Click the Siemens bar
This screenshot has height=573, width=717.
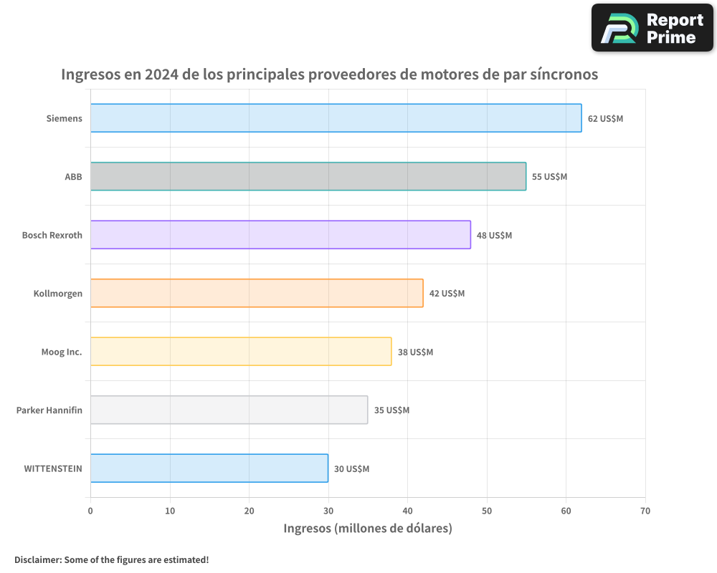(x=336, y=118)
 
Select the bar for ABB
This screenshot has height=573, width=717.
(x=308, y=176)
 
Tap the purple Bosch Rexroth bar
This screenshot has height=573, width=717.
(x=280, y=235)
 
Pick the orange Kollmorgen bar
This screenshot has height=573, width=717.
(x=257, y=293)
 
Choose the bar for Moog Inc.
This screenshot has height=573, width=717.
(x=241, y=352)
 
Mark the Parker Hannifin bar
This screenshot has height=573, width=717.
(x=229, y=410)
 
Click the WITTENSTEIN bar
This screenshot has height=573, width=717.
(x=209, y=468)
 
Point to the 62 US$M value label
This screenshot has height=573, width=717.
(x=605, y=119)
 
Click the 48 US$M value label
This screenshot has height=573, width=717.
(x=494, y=236)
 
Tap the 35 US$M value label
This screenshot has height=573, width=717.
(x=391, y=410)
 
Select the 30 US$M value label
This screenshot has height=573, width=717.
(x=351, y=469)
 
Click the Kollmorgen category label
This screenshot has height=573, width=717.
(x=58, y=294)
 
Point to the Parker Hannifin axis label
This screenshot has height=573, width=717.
(x=49, y=410)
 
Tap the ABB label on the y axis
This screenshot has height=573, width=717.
(x=74, y=177)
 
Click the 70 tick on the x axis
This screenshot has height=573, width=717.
(x=645, y=511)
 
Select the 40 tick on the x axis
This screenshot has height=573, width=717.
(x=407, y=511)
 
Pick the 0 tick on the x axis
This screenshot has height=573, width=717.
(x=90, y=511)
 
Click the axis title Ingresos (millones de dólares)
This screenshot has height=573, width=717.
(x=368, y=529)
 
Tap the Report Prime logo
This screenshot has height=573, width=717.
(x=652, y=28)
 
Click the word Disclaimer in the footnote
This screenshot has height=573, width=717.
(x=37, y=559)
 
